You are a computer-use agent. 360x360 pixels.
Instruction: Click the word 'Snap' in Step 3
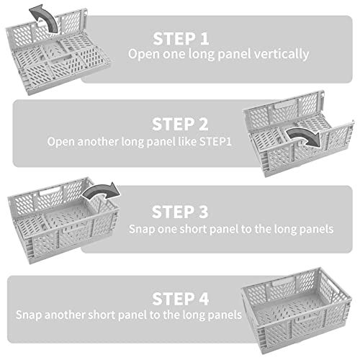(142, 228)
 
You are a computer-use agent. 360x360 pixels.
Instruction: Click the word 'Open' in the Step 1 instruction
(143, 54)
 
